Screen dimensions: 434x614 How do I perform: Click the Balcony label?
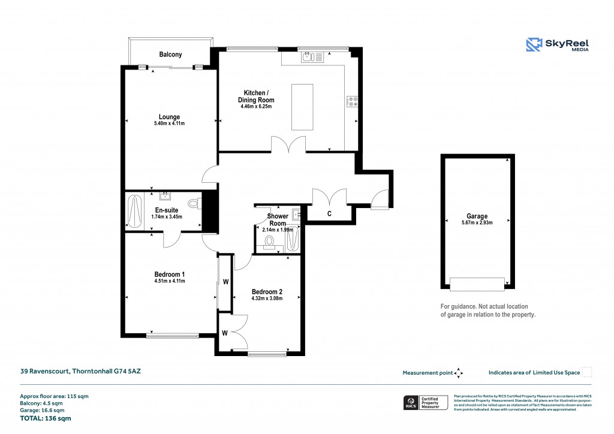point(170,55)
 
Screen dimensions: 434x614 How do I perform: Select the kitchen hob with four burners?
point(352,102)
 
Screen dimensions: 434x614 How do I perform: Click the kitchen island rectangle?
point(303,107)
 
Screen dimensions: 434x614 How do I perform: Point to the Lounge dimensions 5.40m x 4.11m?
point(169,124)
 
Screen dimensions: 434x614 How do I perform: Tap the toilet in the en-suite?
point(195,204)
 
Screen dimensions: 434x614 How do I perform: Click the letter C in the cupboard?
point(329,213)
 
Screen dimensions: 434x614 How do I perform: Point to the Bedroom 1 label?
point(169,274)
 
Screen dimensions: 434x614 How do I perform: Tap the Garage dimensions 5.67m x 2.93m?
point(477,224)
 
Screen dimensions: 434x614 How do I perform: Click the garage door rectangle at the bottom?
point(477,284)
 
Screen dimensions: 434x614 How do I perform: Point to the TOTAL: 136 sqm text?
point(46,418)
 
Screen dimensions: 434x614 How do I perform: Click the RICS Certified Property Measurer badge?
point(425,403)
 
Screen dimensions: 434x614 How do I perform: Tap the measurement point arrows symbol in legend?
point(459,373)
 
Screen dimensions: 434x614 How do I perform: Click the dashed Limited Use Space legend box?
point(587,372)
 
